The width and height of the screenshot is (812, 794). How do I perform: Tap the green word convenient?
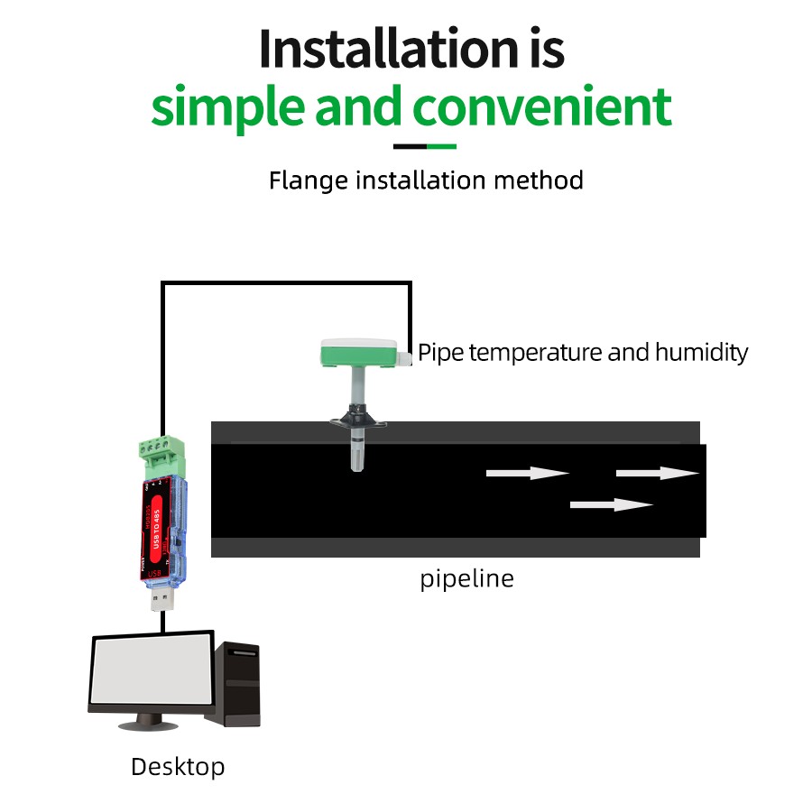point(542,107)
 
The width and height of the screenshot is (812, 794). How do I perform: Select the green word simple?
point(228,107)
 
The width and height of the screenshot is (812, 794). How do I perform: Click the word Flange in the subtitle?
point(308,180)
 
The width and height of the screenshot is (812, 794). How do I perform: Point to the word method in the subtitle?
point(538,180)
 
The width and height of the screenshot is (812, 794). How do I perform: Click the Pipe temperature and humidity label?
point(583,352)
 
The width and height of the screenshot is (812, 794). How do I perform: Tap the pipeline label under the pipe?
point(466,578)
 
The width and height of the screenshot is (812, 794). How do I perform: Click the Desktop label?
point(178,767)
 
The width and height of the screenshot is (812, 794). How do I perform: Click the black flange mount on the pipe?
point(357,417)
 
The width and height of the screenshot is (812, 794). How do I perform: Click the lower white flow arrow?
point(612,504)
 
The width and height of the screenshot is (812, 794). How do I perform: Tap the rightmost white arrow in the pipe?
point(658,473)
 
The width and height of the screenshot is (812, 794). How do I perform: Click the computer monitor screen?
point(152,671)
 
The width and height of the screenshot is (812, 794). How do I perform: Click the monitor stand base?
point(145,723)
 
